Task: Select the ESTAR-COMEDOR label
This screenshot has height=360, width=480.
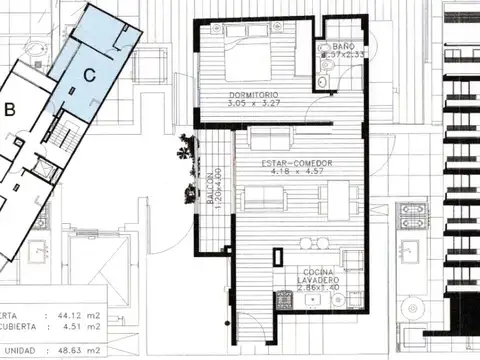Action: (x=297, y=162)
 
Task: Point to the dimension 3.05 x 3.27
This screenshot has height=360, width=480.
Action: (x=252, y=104)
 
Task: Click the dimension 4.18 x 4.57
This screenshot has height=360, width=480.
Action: (x=297, y=171)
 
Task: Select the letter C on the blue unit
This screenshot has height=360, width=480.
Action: (x=89, y=73)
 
